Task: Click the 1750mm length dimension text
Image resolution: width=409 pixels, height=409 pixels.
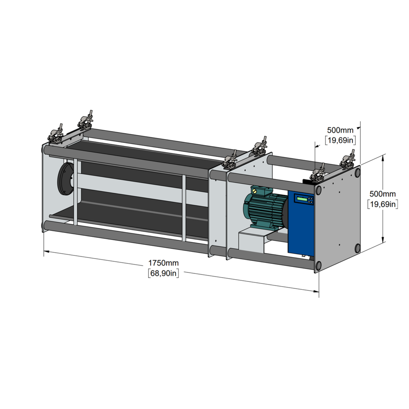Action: click(163, 263)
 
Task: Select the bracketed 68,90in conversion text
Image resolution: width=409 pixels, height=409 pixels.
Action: click(163, 273)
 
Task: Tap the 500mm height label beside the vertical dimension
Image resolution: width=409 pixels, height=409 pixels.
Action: click(382, 194)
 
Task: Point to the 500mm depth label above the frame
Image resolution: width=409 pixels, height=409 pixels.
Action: click(340, 130)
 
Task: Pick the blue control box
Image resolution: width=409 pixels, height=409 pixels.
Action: click(301, 223)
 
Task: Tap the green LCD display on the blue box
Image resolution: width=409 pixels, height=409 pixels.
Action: click(302, 199)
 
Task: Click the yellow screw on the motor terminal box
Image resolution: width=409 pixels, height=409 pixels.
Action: click(254, 191)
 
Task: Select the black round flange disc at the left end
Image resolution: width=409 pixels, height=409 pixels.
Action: click(65, 179)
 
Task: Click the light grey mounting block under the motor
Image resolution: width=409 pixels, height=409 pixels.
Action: click(252, 241)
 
